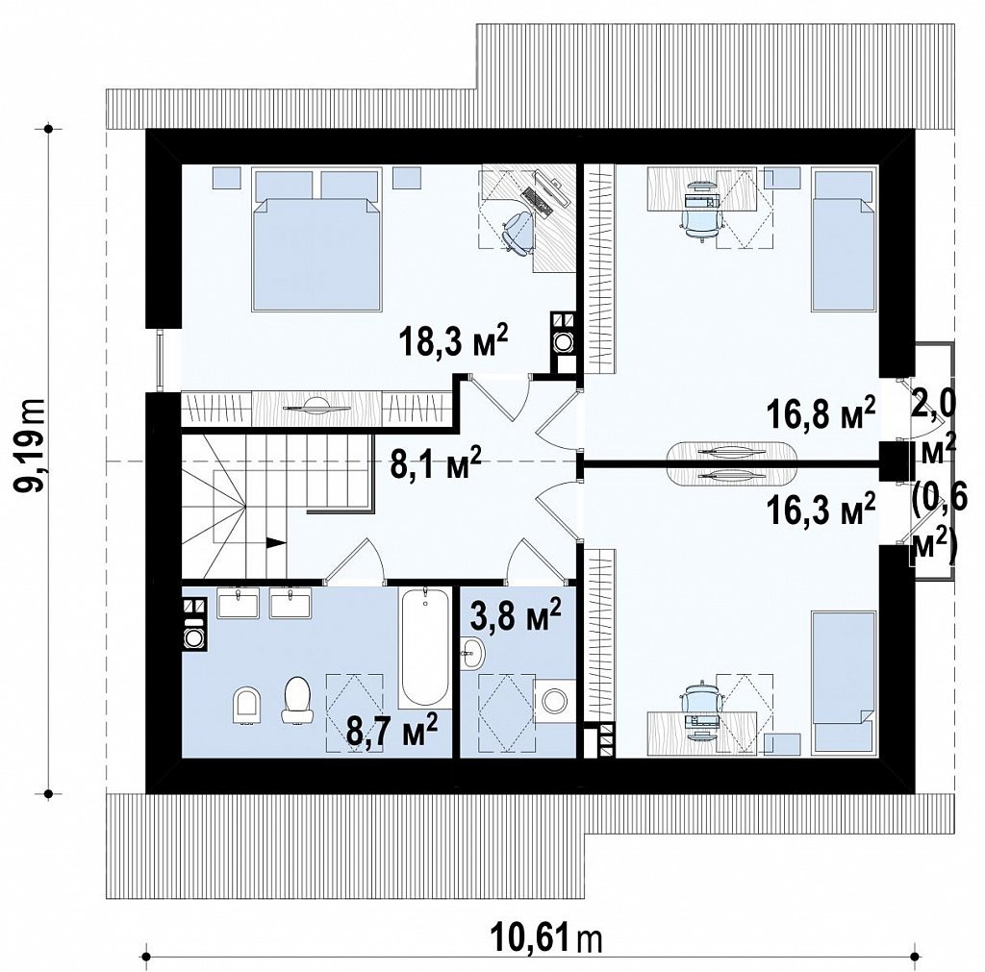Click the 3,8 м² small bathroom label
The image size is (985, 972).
pyautogui.click(x=516, y=616)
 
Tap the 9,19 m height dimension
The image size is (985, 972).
pyautogui.click(x=29, y=444)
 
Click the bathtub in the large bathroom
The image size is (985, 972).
pyautogui.click(x=425, y=647)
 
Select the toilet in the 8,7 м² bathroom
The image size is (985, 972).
pyautogui.click(x=298, y=700)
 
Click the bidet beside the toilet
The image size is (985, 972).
pyautogui.click(x=247, y=706)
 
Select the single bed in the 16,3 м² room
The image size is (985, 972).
pyautogui.click(x=844, y=683)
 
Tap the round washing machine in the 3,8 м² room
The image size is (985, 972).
pyautogui.click(x=555, y=701)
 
